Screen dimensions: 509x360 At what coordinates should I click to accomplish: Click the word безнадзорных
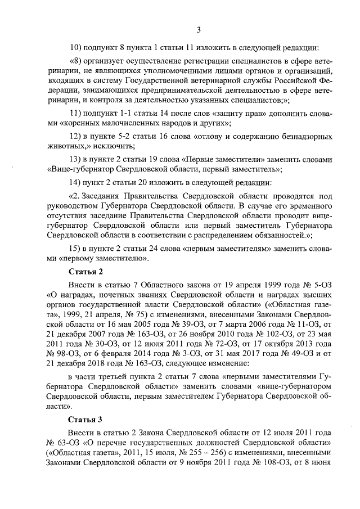(302, 137)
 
